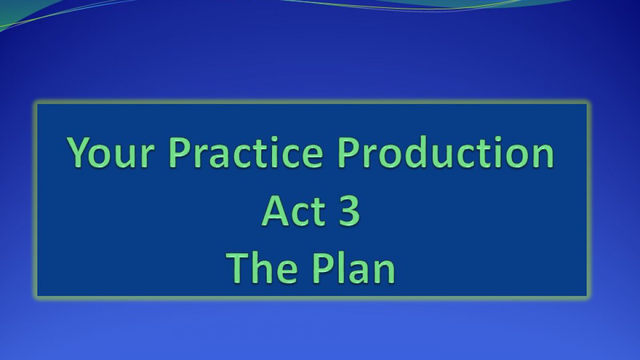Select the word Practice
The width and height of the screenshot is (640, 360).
[x=246, y=151]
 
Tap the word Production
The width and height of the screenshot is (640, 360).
[x=446, y=151]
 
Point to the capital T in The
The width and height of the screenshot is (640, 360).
[x=238, y=269]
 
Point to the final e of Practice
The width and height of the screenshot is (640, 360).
[x=312, y=157]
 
